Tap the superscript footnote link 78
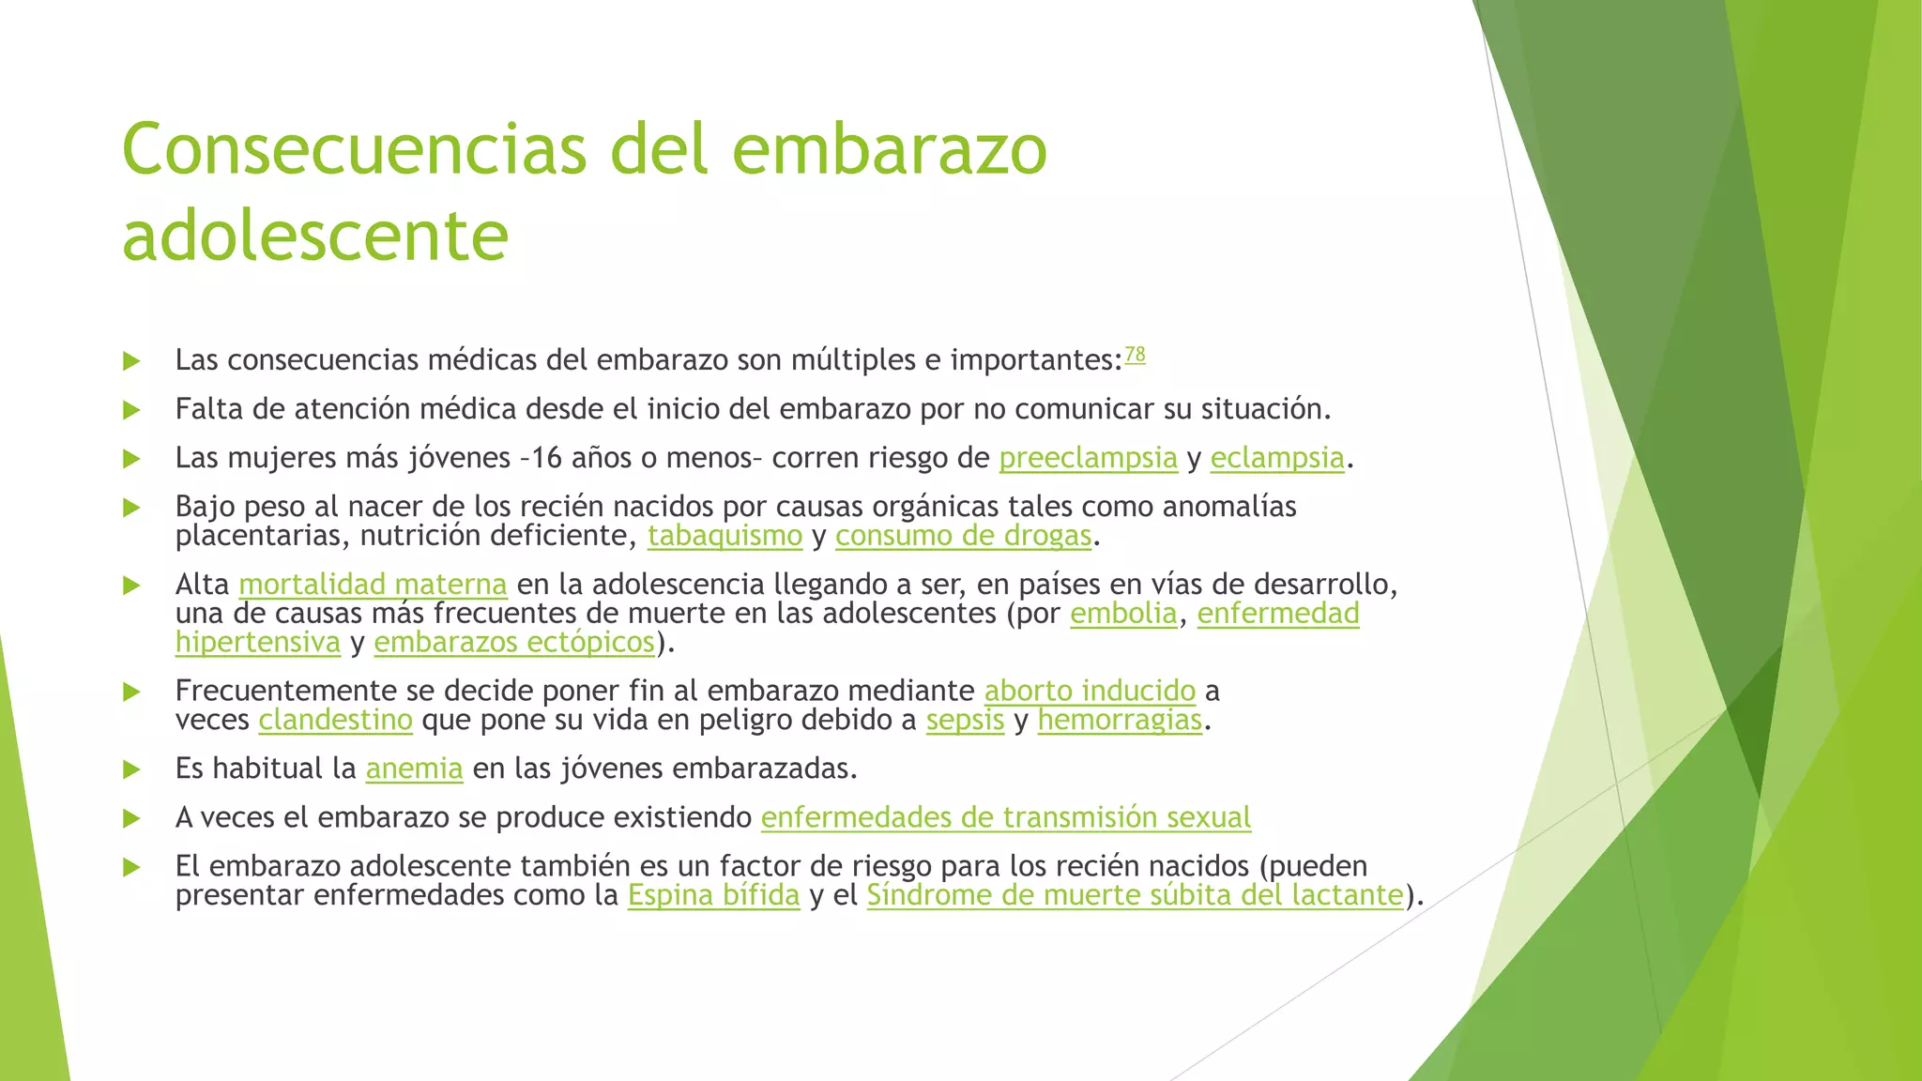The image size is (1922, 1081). click(x=1135, y=355)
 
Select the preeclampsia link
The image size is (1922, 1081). click(x=1088, y=458)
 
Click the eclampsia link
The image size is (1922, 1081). click(x=1277, y=458)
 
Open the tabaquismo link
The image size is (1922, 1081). click(x=725, y=536)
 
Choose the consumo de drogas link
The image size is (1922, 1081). click(x=963, y=536)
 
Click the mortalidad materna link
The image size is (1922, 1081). click(x=373, y=585)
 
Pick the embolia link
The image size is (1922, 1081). click(x=1123, y=614)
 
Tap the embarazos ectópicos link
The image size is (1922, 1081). click(x=514, y=643)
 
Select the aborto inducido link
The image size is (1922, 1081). click(x=1090, y=691)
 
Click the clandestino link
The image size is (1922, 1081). click(x=335, y=720)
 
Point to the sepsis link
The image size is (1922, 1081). click(x=965, y=720)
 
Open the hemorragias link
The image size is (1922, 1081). click(x=1120, y=720)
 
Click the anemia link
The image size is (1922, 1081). click(x=414, y=769)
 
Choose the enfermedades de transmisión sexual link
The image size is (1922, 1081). click(x=1005, y=817)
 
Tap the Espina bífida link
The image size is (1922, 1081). click(x=713, y=895)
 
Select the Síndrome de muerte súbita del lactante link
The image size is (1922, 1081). click(x=1135, y=895)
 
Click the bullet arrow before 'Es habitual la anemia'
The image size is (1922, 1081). click(x=131, y=769)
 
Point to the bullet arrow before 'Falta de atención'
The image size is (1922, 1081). click(x=131, y=410)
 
